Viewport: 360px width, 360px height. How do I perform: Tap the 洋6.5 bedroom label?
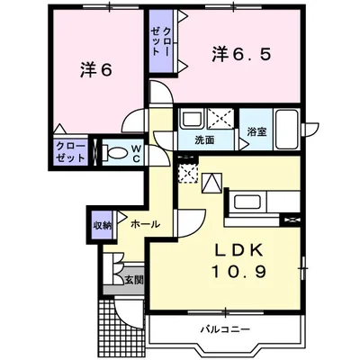click(x=241, y=54)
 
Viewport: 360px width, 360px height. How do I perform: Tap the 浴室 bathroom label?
click(x=256, y=132)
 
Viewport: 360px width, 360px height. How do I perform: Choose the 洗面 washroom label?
click(x=204, y=141)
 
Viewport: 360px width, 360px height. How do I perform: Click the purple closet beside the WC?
click(x=70, y=150)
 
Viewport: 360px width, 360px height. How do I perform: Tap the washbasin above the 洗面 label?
click(x=193, y=119)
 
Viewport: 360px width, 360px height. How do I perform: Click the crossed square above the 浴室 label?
click(x=220, y=118)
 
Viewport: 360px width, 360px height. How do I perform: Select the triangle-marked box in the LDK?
click(x=212, y=183)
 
